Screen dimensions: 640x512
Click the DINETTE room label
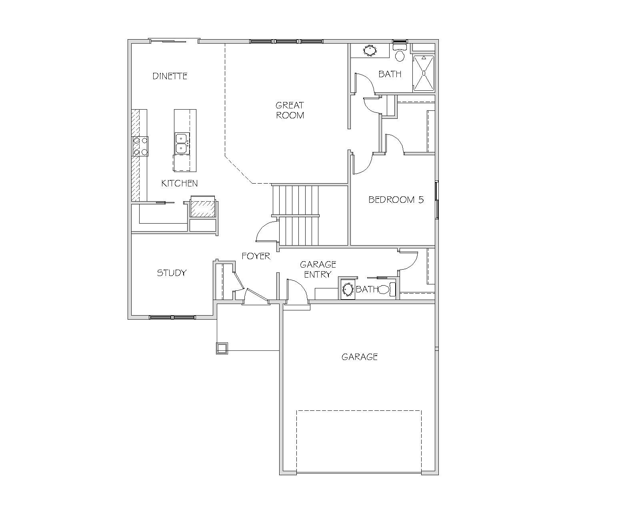click(x=170, y=76)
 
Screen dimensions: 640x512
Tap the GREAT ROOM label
click(x=290, y=110)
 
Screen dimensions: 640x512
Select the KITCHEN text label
click(x=179, y=183)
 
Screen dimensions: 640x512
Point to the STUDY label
click(x=172, y=273)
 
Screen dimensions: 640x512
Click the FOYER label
click(x=256, y=256)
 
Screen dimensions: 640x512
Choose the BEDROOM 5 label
click(x=396, y=200)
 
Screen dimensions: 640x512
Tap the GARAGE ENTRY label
click(x=318, y=269)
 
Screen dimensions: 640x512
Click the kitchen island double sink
click(x=182, y=143)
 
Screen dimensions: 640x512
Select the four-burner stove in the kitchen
click(x=140, y=146)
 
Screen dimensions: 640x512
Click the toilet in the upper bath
click(x=400, y=53)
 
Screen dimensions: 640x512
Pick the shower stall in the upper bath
click(x=424, y=73)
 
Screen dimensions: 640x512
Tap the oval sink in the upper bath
click(x=370, y=50)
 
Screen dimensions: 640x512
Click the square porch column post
click(x=222, y=348)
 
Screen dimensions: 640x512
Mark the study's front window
click(x=172, y=318)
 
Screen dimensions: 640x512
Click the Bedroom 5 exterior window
click(x=436, y=200)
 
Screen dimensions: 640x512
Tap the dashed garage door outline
click(x=359, y=442)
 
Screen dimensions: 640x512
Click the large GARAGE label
click(x=360, y=357)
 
